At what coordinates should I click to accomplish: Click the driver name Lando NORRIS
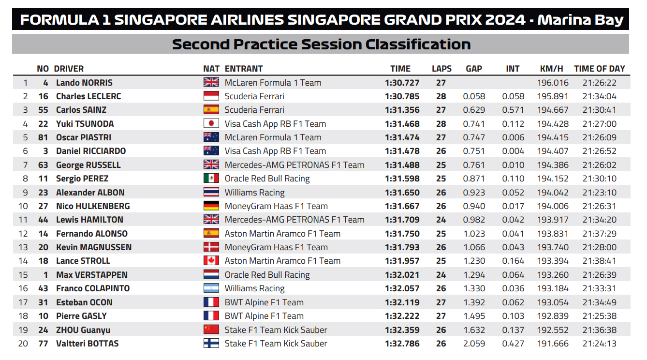pyautogui.click(x=84, y=83)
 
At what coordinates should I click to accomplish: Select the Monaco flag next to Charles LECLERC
pyautogui.click(x=211, y=96)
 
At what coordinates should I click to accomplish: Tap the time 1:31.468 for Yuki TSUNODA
pyautogui.click(x=402, y=124)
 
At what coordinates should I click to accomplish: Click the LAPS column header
pyautogui.click(x=441, y=69)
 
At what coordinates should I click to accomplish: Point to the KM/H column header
pyautogui.click(x=551, y=69)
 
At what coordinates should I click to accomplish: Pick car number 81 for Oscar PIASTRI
pyautogui.click(x=43, y=137)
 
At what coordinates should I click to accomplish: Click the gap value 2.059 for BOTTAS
pyautogui.click(x=474, y=344)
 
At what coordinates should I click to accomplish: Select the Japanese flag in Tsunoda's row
pyautogui.click(x=211, y=124)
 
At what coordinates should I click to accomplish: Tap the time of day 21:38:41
pyautogui.click(x=599, y=261)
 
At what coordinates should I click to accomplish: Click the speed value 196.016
pyautogui.click(x=553, y=83)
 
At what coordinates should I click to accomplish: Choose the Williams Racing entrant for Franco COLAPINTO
pyautogui.click(x=254, y=288)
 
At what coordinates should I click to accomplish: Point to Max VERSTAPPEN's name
pyautogui.click(x=92, y=275)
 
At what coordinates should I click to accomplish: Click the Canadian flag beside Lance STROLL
pyautogui.click(x=211, y=261)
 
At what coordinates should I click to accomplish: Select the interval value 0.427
pyautogui.click(x=513, y=344)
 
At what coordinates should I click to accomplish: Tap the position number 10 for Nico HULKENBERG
pyautogui.click(x=23, y=206)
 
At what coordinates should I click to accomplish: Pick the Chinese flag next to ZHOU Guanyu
pyautogui.click(x=211, y=330)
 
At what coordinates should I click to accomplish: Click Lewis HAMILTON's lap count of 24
pyautogui.click(x=441, y=220)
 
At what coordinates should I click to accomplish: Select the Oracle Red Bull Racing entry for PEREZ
pyautogui.click(x=267, y=179)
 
